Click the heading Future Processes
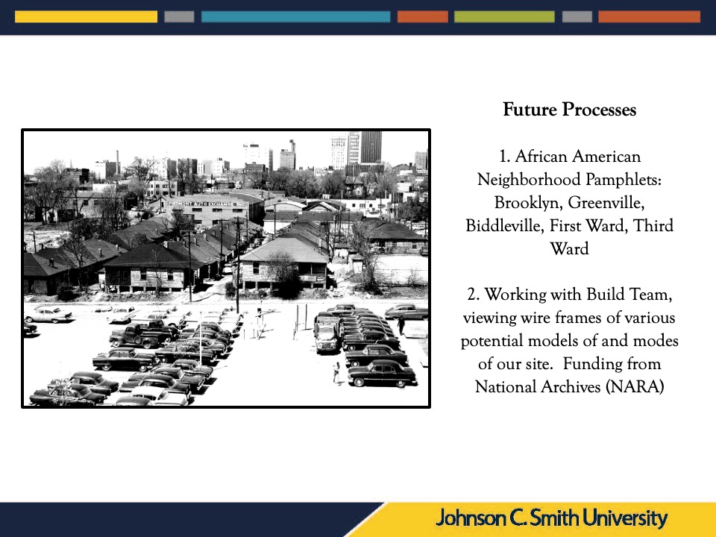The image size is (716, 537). pyautogui.click(x=569, y=110)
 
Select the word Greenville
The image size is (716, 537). pyautogui.click(x=606, y=203)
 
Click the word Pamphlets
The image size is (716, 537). pyautogui.click(x=623, y=180)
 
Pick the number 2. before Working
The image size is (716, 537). pyautogui.click(x=474, y=295)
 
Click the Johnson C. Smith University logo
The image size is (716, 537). pyautogui.click(x=552, y=518)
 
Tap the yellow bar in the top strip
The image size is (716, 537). pyautogui.click(x=86, y=17)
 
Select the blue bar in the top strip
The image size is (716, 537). pyautogui.click(x=296, y=17)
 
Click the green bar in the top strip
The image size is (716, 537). pyautogui.click(x=504, y=17)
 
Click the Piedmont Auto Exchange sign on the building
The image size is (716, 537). pyautogui.click(x=206, y=203)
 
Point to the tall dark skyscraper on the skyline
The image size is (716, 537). pyautogui.click(x=371, y=147)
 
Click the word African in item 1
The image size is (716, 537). pyautogui.click(x=541, y=157)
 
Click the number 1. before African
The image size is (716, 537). pyautogui.click(x=505, y=157)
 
